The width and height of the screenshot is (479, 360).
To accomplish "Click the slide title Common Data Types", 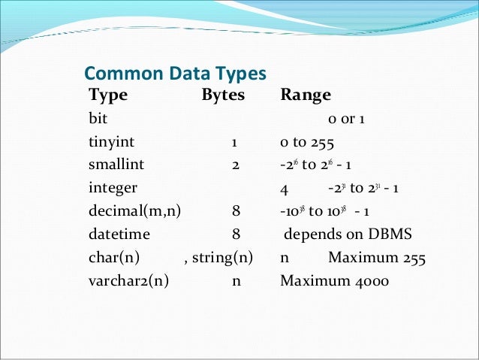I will click(175, 74).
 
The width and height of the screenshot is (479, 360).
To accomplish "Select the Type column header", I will click(108, 95).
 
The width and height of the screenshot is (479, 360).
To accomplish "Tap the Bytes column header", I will click(224, 95).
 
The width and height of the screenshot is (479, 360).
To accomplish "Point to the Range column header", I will click(306, 95).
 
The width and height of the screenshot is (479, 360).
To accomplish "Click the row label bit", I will click(98, 119).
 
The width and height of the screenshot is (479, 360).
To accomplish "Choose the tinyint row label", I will click(112, 141).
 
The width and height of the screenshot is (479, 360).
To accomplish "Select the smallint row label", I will click(116, 165).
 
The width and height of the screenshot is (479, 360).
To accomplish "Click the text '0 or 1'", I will click(346, 119).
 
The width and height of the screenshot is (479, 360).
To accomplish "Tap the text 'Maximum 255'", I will click(377, 257).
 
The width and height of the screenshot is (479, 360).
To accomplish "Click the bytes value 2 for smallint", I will click(235, 165).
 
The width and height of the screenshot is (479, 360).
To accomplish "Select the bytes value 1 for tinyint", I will click(235, 141).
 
